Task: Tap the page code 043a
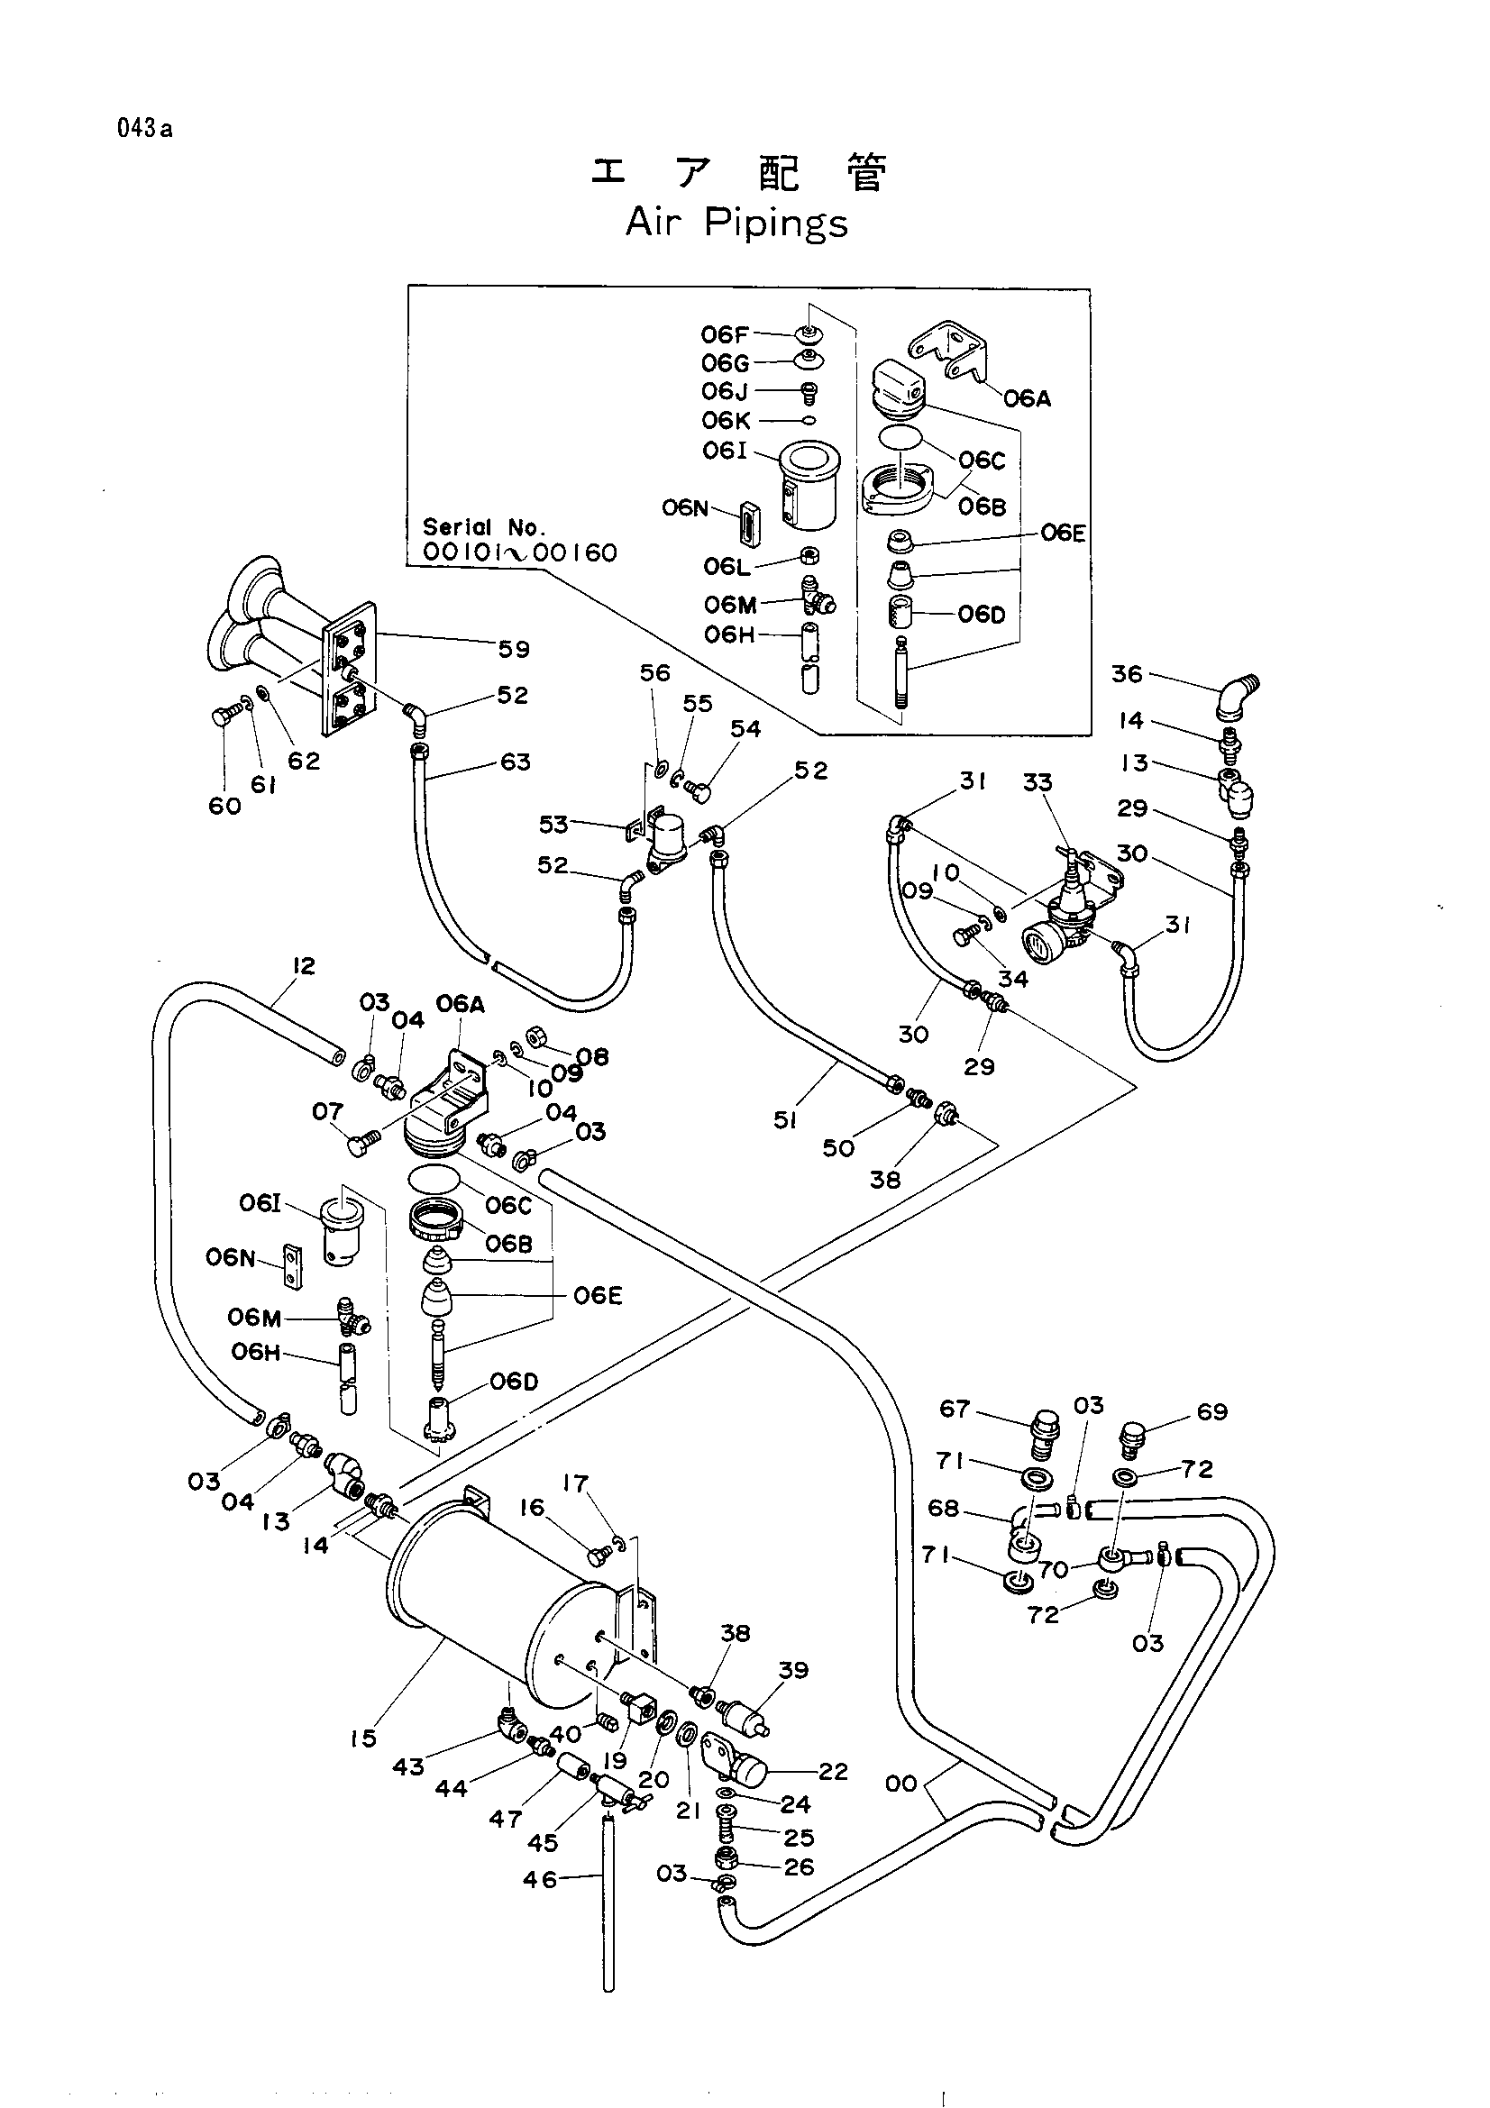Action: click(x=144, y=129)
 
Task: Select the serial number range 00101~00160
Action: click(x=519, y=552)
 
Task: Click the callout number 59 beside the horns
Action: click(x=514, y=649)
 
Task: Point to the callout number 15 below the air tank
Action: click(x=363, y=1738)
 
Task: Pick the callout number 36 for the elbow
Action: click(x=1127, y=674)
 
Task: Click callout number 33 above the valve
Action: click(x=1038, y=782)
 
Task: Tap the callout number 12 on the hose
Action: click(x=303, y=965)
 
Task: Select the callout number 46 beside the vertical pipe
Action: click(x=540, y=1879)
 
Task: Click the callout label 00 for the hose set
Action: click(x=901, y=1783)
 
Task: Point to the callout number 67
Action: click(x=955, y=1409)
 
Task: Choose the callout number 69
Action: click(x=1211, y=1411)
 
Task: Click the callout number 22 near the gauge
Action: click(x=833, y=1771)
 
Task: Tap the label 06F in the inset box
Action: click(x=726, y=334)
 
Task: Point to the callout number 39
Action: click(x=793, y=1670)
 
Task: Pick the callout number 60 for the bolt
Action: click(x=225, y=805)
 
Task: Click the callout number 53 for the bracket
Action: click(x=553, y=825)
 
